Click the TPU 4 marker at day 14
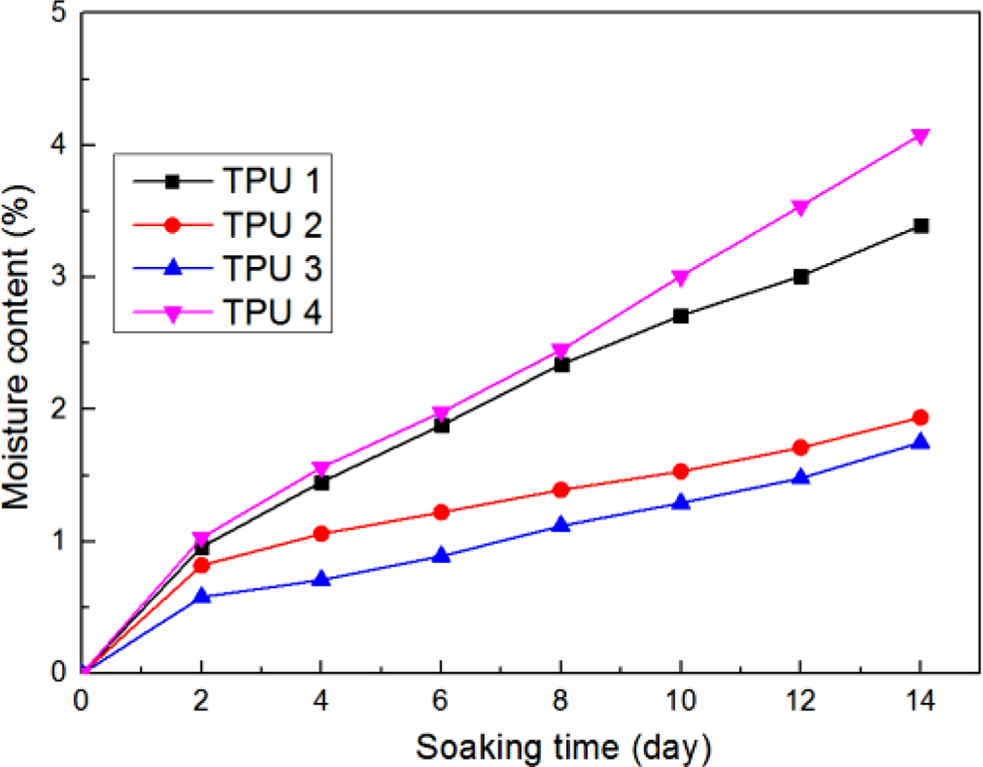pyautogui.click(x=921, y=136)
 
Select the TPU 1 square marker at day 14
pyautogui.click(x=921, y=225)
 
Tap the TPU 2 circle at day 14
pyautogui.click(x=921, y=418)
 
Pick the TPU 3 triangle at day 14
pyautogui.click(x=921, y=442)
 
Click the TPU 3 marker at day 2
pyautogui.click(x=201, y=596)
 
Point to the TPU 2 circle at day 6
pyautogui.click(x=441, y=512)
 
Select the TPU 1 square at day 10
pyautogui.click(x=681, y=316)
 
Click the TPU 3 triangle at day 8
pyautogui.click(x=561, y=525)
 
